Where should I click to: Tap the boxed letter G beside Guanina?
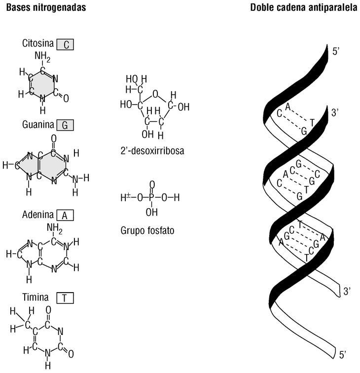click(65, 125)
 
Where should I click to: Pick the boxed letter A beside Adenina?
click(65, 216)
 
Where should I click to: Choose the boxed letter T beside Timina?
click(65, 298)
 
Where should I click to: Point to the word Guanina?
click(37, 125)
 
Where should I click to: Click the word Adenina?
click(38, 216)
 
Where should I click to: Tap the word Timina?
click(35, 298)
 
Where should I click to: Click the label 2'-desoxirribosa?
click(152, 151)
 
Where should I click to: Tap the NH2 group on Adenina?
click(54, 228)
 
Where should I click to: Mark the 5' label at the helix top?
click(335, 51)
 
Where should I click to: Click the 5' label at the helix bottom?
click(345, 354)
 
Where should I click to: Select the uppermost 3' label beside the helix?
click(335, 113)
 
